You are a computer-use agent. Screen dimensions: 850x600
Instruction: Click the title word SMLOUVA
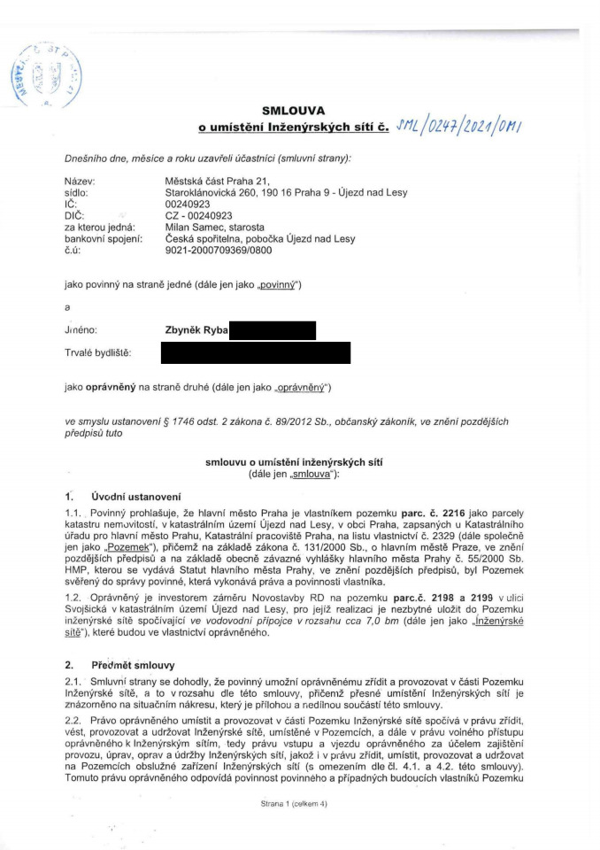tap(301, 111)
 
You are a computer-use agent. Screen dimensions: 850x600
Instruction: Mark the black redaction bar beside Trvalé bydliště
tap(255, 353)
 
